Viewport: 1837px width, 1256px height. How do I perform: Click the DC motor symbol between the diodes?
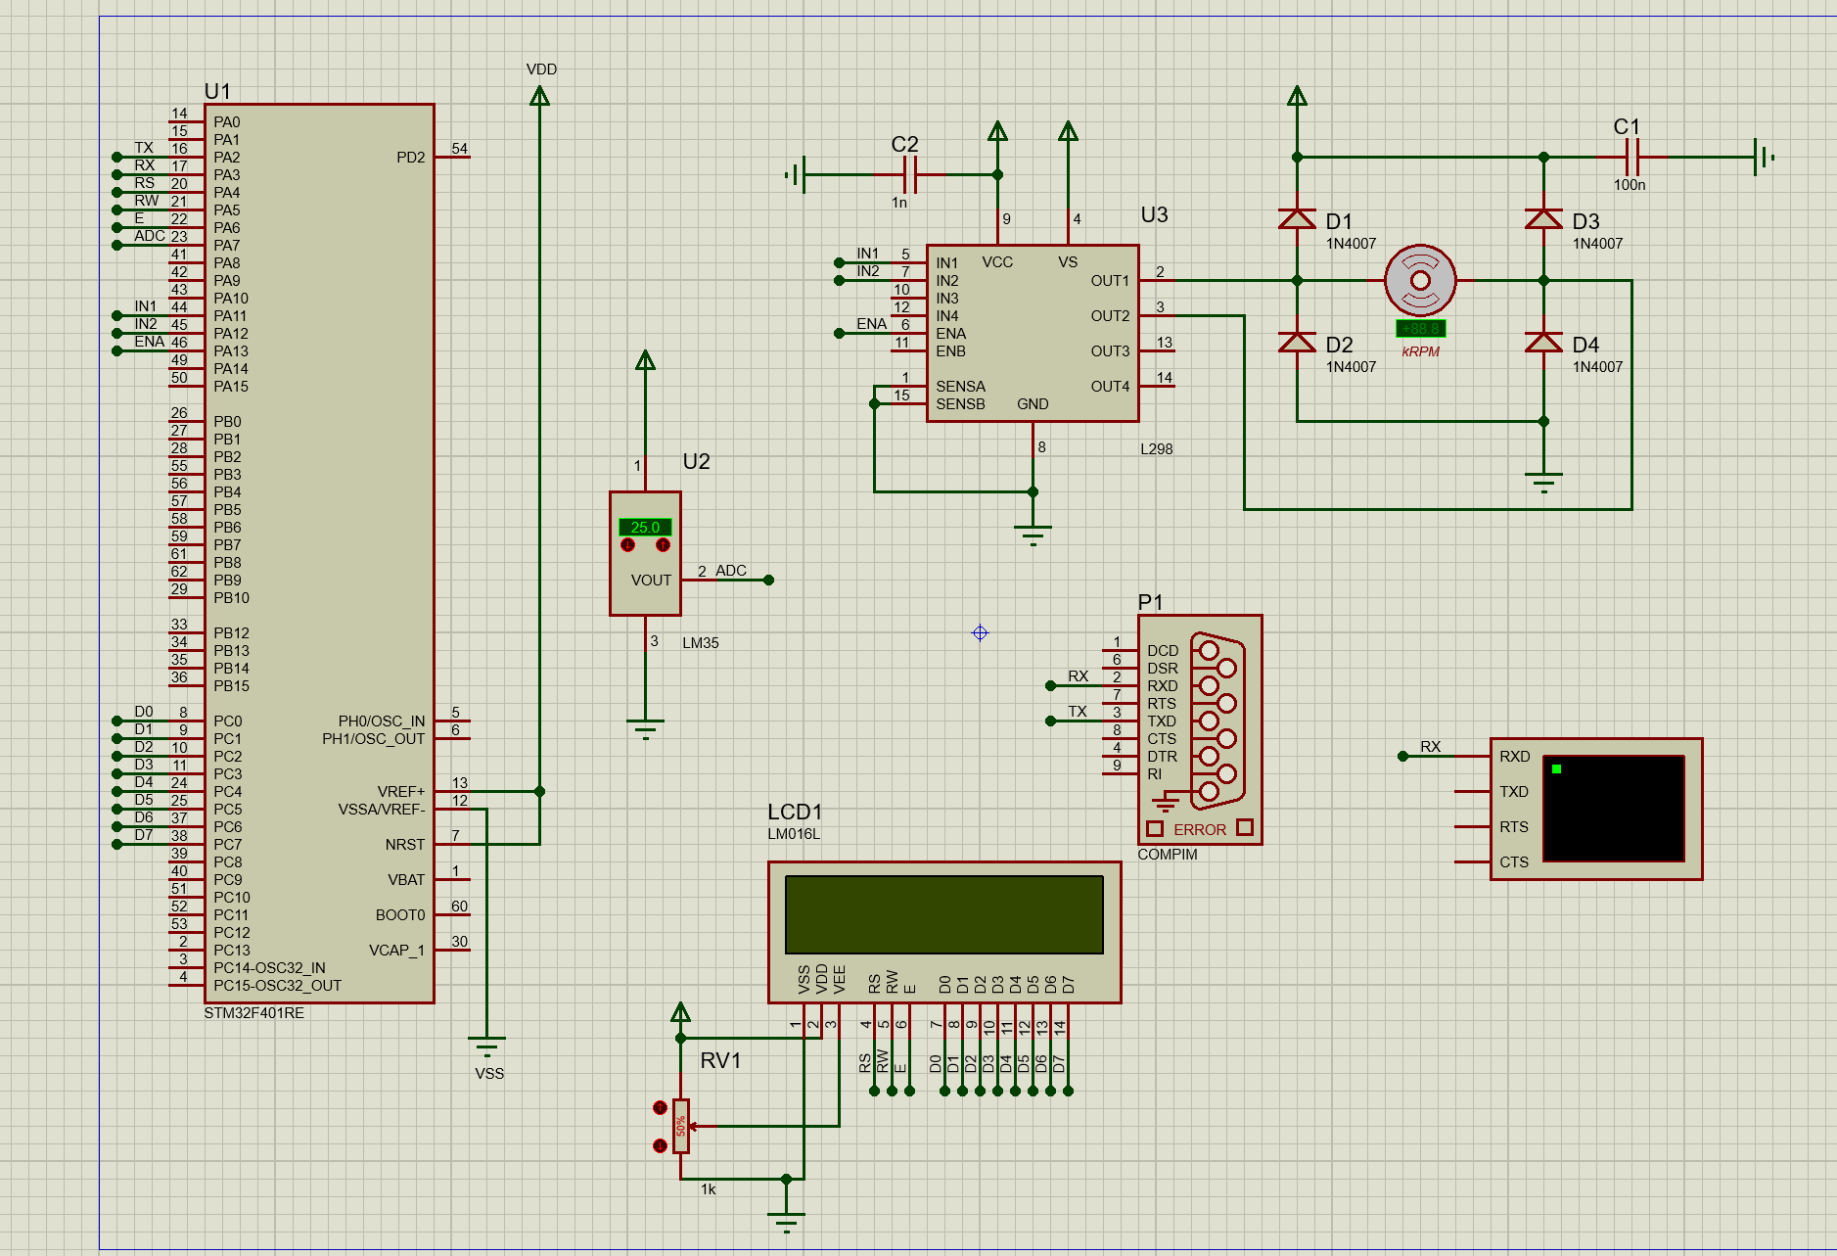(1419, 280)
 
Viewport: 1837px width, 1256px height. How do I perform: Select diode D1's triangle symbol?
(1297, 219)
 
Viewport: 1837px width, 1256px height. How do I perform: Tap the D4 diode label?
(1585, 345)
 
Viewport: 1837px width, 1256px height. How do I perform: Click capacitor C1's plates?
(1631, 157)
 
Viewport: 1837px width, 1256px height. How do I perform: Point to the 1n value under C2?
(898, 203)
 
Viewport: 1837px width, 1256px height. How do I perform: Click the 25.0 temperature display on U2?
(645, 527)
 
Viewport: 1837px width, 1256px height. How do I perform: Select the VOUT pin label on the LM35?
(651, 580)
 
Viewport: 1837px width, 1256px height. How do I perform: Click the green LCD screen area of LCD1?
(943, 914)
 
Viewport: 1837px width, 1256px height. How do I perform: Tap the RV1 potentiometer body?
(681, 1126)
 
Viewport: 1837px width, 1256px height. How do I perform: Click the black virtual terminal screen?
(1613, 809)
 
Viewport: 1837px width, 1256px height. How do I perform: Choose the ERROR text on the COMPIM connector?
(1199, 829)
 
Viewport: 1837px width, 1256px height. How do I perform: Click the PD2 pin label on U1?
(410, 158)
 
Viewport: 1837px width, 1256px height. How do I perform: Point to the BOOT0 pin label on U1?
(399, 915)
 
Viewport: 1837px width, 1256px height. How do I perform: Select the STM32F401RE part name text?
(253, 1013)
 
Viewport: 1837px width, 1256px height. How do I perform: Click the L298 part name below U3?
(1156, 449)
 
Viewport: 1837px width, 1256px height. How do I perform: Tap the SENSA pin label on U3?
(960, 387)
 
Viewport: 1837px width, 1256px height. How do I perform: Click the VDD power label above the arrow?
(541, 70)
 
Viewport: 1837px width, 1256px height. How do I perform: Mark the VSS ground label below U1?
(489, 1074)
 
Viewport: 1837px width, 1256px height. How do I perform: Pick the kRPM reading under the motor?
(1420, 351)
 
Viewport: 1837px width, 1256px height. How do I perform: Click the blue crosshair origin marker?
(980, 633)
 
